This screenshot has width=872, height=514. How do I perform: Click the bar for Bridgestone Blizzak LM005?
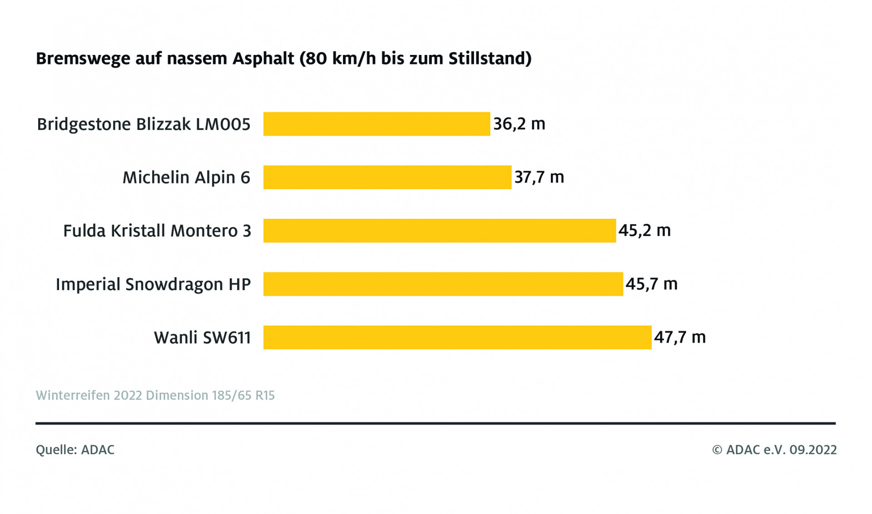tap(377, 124)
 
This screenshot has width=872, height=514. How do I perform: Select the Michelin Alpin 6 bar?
tap(387, 177)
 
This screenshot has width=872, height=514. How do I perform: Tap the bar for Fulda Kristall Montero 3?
tap(439, 231)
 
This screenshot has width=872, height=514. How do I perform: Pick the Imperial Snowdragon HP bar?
tap(443, 284)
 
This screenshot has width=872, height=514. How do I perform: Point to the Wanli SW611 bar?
tap(457, 337)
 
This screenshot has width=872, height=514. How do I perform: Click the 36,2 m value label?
tap(519, 124)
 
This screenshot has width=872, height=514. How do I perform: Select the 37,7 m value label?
tap(539, 177)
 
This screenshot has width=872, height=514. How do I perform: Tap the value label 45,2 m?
tap(644, 231)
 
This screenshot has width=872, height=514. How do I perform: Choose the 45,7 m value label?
tap(651, 284)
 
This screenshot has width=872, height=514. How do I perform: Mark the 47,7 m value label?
tap(680, 337)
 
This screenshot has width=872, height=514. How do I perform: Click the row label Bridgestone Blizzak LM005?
tap(144, 124)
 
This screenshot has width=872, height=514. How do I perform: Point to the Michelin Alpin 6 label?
tap(186, 178)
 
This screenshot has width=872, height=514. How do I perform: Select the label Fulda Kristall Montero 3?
tap(157, 231)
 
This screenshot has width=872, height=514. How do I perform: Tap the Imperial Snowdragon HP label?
tap(153, 285)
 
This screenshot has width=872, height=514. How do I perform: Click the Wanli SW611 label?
tap(203, 338)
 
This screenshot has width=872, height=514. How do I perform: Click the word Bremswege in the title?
tap(81, 59)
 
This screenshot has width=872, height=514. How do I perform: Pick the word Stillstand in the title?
tap(490, 59)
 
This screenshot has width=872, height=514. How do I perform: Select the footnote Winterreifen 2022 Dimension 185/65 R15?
tap(155, 395)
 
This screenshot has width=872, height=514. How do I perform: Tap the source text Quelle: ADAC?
tap(75, 450)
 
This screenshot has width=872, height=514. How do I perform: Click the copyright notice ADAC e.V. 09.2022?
tap(774, 450)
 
